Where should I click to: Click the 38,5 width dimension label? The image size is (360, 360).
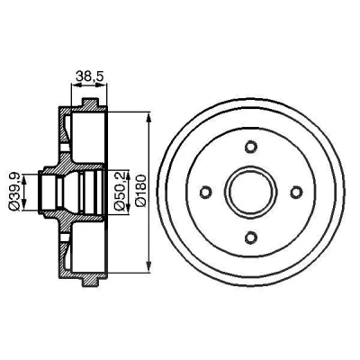89,76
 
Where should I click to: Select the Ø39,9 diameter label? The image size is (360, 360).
14,192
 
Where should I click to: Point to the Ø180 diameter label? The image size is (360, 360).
140,191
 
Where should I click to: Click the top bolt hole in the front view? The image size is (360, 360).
251,147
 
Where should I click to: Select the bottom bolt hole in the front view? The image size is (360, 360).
251,238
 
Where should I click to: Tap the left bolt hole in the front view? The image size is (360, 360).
206,193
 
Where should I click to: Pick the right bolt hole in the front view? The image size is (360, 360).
296,193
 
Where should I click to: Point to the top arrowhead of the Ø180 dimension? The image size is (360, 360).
148,118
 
